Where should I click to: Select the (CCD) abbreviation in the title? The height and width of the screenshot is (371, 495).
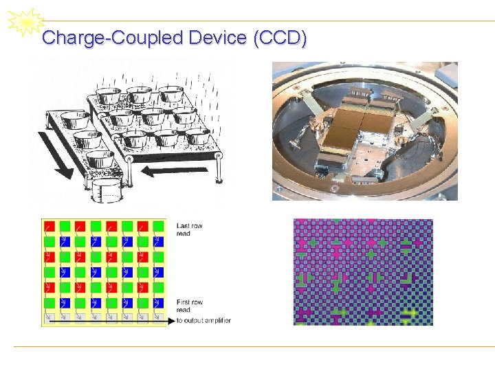[x=280, y=38]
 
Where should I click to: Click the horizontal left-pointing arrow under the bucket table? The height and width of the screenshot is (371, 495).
[x=169, y=171]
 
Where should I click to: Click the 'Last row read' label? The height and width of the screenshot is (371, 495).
[x=189, y=229]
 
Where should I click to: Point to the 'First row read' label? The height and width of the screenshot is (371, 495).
[x=189, y=306]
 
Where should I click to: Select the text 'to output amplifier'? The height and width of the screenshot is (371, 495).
[x=203, y=321]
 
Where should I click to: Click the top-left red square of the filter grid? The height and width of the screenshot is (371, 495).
[x=49, y=226]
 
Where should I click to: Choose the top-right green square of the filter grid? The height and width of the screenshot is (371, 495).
[x=159, y=226]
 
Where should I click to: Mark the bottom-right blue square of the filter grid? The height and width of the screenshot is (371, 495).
[x=143, y=303]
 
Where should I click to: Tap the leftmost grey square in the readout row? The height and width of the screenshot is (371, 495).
[x=49, y=318]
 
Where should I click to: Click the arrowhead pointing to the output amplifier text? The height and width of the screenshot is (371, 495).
[x=170, y=321]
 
